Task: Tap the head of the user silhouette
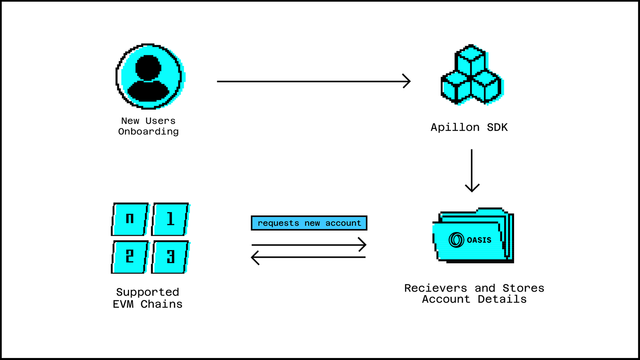pos(148,68)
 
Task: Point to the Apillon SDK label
pos(469,127)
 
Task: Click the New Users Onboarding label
pos(148,126)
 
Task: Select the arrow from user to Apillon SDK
pos(313,81)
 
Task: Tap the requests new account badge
pos(309,223)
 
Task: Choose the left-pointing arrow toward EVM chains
pos(308,257)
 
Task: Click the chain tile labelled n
pos(130,219)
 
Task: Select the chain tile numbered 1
pos(170,219)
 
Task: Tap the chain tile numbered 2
pos(130,257)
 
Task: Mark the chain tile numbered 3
pos(170,257)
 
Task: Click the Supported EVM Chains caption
pos(148,298)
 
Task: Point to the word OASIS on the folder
pos(479,240)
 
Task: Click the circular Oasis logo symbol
pos(456,240)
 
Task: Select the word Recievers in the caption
pos(436,288)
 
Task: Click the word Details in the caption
pos(502,299)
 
